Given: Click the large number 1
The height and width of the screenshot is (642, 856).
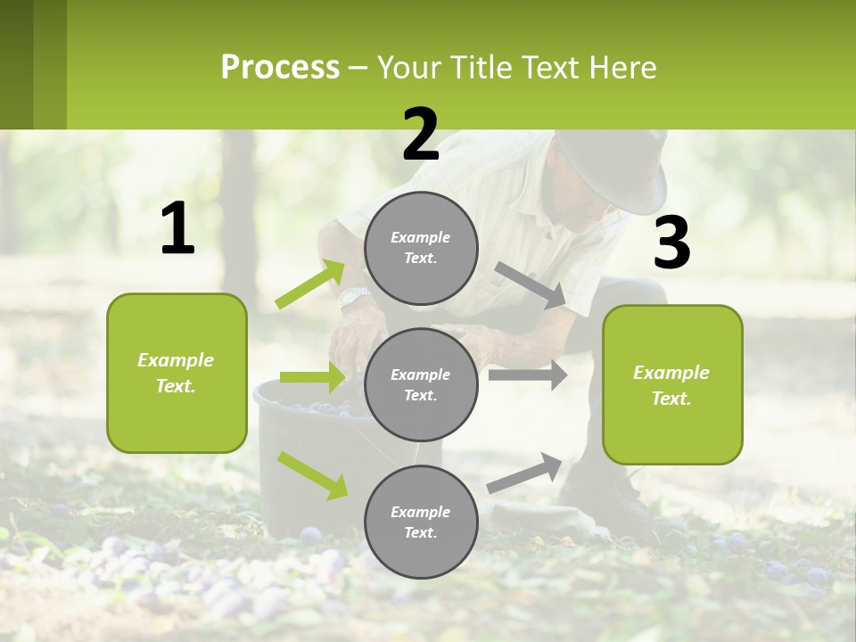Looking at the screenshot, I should pos(177,230).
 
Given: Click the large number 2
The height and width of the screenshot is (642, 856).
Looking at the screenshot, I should pos(421,136).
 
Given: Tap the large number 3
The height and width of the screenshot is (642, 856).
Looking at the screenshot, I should pos(671,244).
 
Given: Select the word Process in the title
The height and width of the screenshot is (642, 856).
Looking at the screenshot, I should pos(280,67).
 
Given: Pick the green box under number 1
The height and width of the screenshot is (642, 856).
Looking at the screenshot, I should pos(177,373).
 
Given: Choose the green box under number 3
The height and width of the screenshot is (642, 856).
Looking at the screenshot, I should pos(672,385).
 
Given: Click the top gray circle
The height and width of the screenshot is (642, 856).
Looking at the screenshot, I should pos(421,248).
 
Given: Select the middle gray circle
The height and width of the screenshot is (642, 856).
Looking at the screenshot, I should pos(421,384).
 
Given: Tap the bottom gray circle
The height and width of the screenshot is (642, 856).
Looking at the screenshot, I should pos(421,522).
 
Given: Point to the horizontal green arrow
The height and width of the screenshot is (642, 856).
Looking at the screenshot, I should pos(312,377).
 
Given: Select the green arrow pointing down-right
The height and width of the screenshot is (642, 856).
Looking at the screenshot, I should pos(312,474).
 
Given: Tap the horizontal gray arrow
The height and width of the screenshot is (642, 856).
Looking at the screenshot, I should pos(528,374).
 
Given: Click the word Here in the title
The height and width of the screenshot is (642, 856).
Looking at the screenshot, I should pos(624,67).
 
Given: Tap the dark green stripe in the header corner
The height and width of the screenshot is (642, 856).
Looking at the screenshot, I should pos(17,64).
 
